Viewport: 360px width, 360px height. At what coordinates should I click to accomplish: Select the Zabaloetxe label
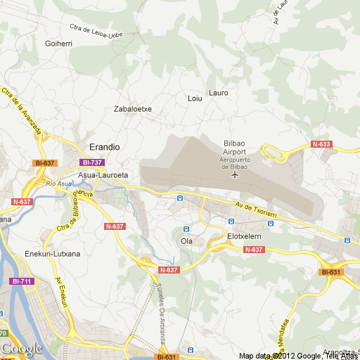pos(133,109)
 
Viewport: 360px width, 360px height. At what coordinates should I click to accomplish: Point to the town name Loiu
pos(195,98)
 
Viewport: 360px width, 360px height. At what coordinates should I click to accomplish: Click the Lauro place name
pos(219,93)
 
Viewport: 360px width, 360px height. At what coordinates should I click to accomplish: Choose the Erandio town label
pos(105,146)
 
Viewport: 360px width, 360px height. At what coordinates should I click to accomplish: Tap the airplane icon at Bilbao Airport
pos(234,174)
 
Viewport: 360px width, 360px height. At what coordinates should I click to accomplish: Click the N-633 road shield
pos(321,144)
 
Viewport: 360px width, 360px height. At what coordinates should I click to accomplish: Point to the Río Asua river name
pos(59,184)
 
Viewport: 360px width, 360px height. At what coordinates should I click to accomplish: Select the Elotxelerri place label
pos(245,236)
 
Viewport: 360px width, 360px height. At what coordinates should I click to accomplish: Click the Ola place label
pos(186,241)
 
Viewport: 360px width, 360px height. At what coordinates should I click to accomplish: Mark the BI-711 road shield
pos(22,281)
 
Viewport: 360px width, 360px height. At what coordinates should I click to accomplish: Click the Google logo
pos(21,348)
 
